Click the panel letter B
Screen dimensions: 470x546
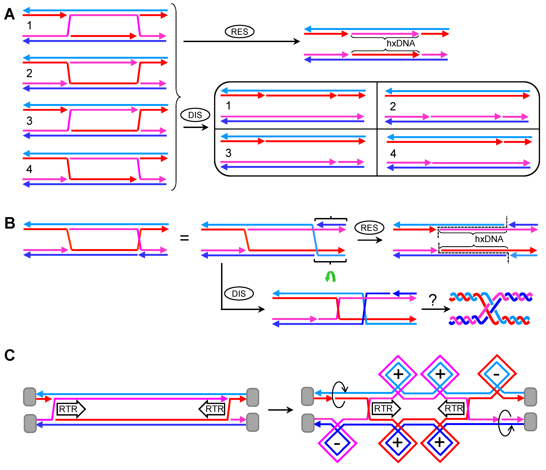point(10,223)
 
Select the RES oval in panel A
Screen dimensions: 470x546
point(239,32)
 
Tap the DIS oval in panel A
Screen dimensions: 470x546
point(195,115)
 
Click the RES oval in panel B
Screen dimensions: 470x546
point(369,228)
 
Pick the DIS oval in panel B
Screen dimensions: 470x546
point(239,293)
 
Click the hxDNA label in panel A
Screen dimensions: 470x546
point(401,43)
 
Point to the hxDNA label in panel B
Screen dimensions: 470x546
point(489,239)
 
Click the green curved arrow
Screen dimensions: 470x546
point(330,277)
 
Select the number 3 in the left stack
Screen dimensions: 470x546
point(29,121)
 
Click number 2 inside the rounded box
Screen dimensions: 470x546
point(393,107)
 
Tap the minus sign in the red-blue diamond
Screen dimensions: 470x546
point(496,374)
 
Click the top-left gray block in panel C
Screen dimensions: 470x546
point(30,397)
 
